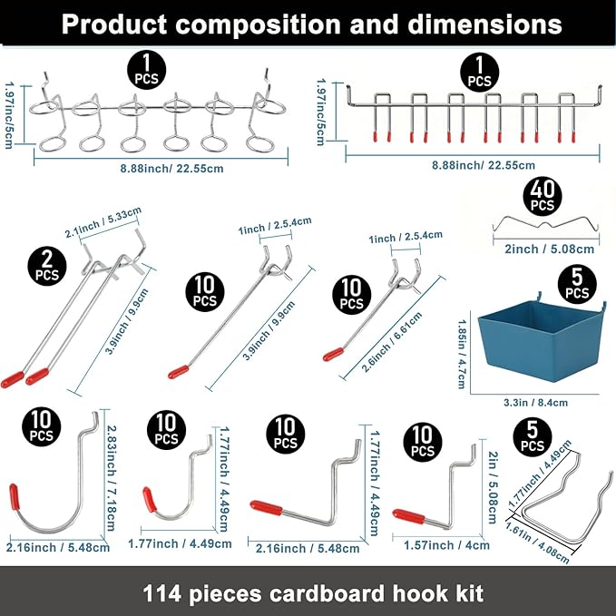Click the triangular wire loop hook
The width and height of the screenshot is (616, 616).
coord(562,504)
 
